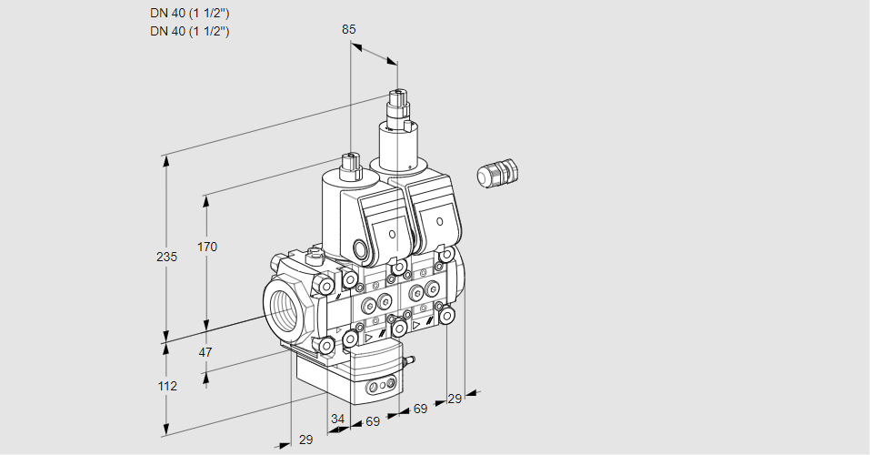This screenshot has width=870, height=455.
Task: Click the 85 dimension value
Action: click(x=348, y=29)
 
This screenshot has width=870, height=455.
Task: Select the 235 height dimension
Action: click(x=166, y=258)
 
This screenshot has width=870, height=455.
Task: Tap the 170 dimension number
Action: click(x=207, y=247)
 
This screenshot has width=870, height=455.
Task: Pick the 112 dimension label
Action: click(x=166, y=386)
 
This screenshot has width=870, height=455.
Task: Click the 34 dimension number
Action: click(x=338, y=419)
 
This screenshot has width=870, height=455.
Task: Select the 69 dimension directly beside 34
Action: click(x=373, y=421)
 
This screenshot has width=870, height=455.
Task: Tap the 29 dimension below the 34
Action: click(x=305, y=440)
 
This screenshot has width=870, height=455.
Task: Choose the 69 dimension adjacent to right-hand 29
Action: click(x=420, y=409)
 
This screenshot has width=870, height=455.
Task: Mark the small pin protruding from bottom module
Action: click(x=409, y=362)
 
